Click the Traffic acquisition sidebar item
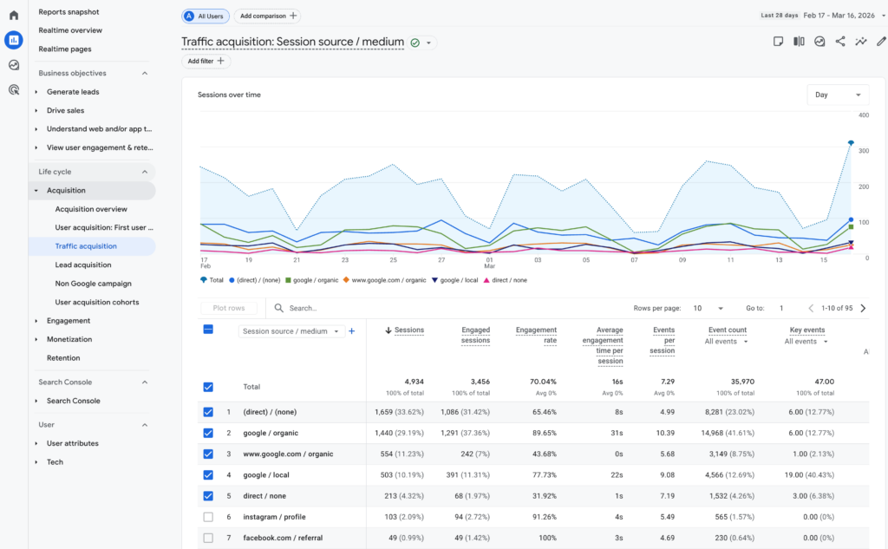tap(85, 246)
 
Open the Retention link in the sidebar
tap(63, 358)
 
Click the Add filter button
tap(206, 61)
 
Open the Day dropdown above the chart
tap(837, 95)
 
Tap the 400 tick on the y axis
tap(863, 114)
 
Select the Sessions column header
tap(408, 330)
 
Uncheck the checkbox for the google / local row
tap(208, 475)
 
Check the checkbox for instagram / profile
tap(208, 517)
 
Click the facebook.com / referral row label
tap(282, 539)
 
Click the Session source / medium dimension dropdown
tap(291, 331)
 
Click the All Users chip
tap(206, 16)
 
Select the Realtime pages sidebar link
tap(65, 49)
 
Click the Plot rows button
tap(229, 308)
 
